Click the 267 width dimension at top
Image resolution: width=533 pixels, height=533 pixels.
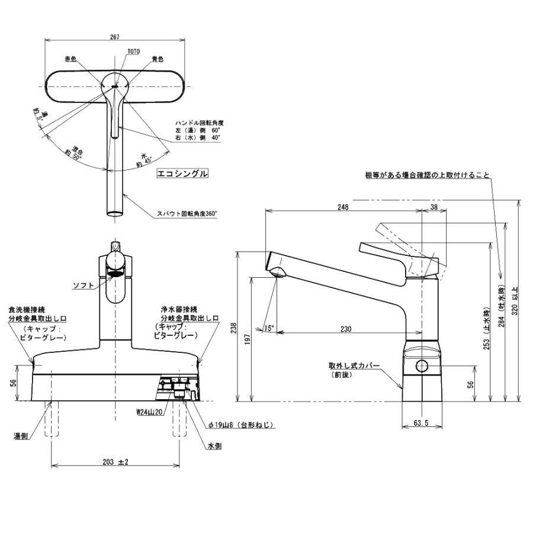coord(115,37)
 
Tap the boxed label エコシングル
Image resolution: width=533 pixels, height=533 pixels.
coord(182,174)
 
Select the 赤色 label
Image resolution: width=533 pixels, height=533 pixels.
coord(71,59)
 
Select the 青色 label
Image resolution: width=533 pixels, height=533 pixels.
coord(157,59)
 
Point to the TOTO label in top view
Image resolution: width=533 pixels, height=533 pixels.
coord(133,52)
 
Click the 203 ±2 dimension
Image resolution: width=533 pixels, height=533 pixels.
coord(115,462)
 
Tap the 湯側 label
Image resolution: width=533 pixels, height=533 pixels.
coord(21,436)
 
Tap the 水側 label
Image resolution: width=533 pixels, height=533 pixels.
coord(214,447)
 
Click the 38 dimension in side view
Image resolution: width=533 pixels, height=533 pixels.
coord(434,207)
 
